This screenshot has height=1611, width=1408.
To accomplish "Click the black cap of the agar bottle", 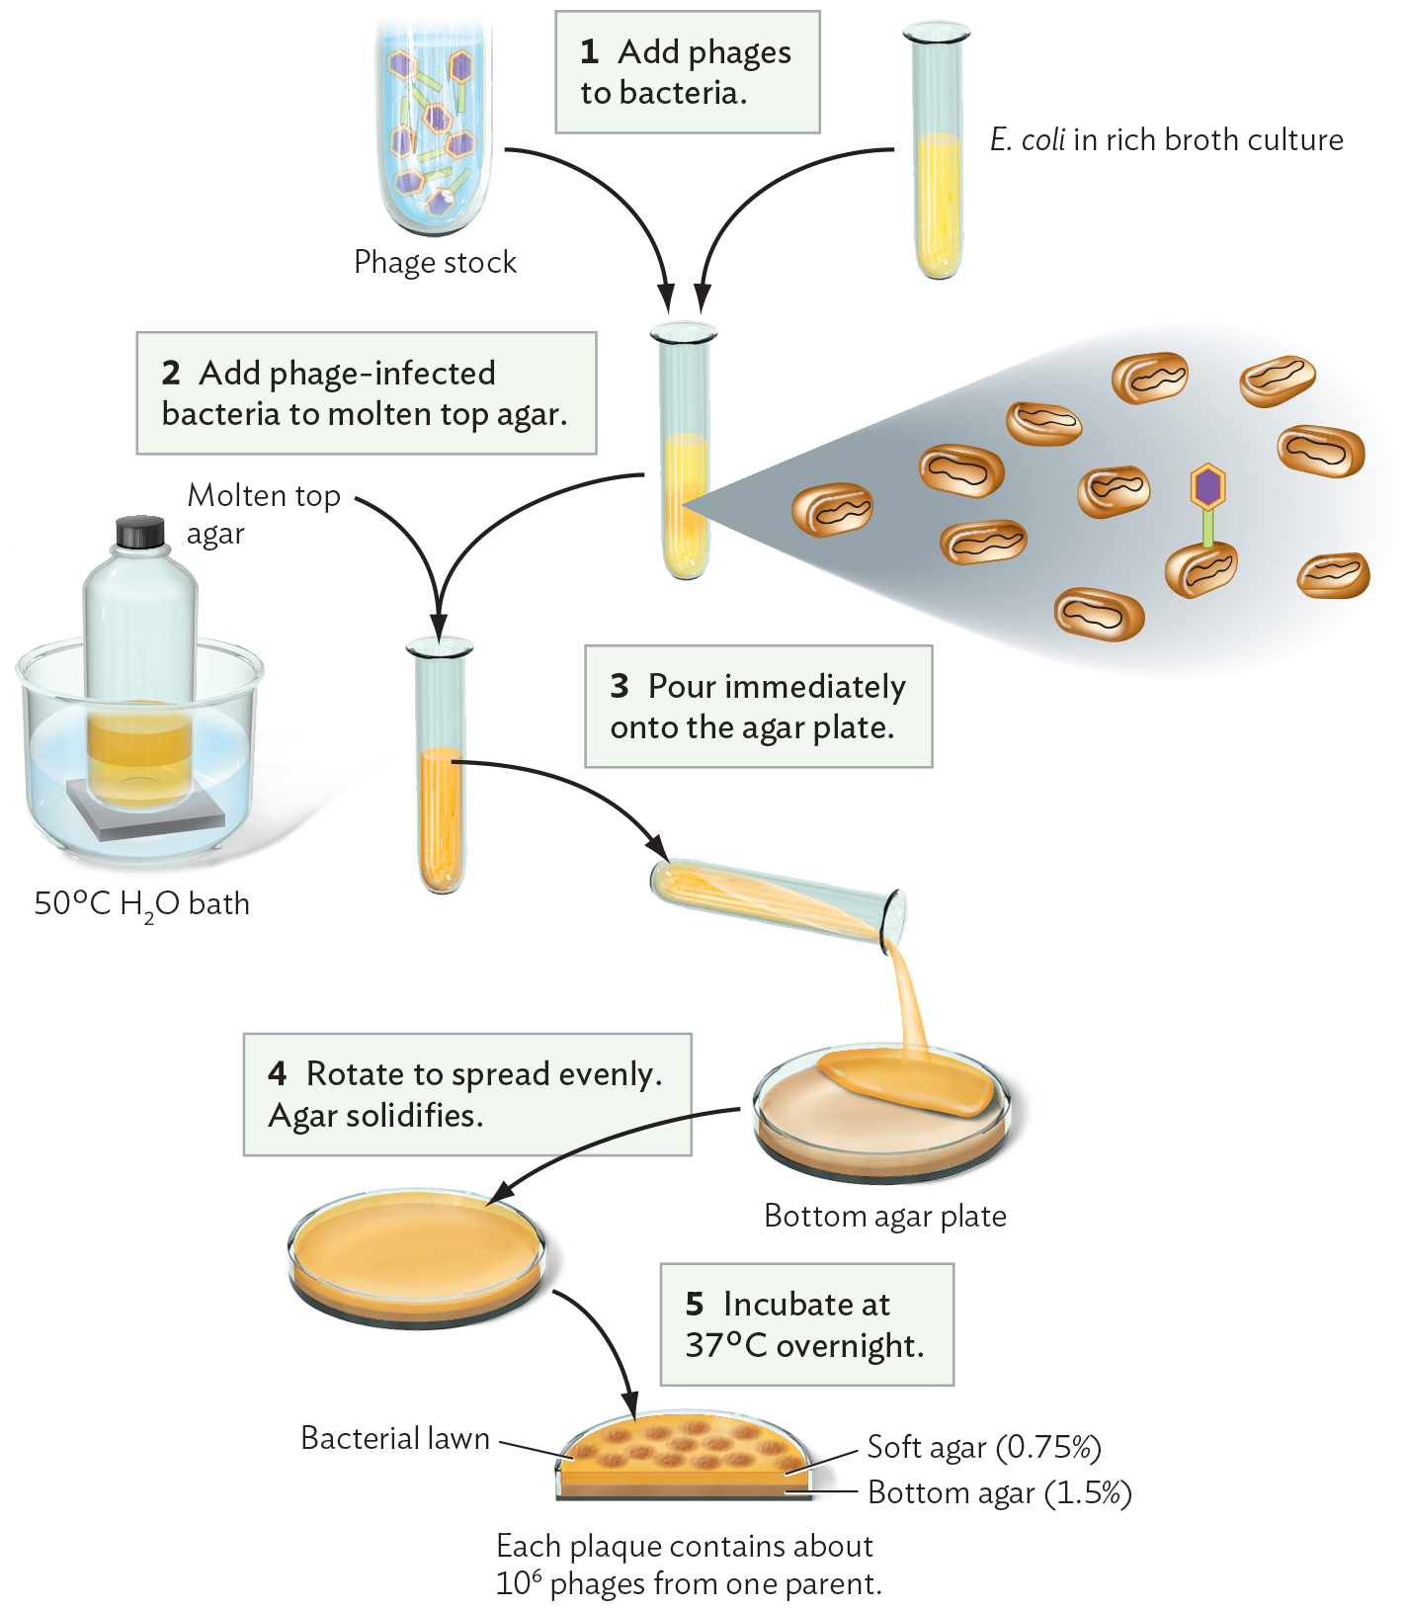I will coord(140,532).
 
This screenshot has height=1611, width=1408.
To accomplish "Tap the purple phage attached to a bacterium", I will coord(1207,487).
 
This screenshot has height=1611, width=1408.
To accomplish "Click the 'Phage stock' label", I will coord(435,262).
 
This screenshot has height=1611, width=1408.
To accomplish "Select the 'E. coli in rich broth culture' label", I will coord(1166,139).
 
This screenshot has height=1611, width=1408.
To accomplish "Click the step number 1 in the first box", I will coord(590,51).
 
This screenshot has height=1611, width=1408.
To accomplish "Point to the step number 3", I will coord(620,686).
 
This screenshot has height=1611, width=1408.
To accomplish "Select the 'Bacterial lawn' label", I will coord(394,1438).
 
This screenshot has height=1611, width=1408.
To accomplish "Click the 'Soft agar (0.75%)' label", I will coord(983,1447).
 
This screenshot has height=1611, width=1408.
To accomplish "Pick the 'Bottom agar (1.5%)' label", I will coord(999,1492).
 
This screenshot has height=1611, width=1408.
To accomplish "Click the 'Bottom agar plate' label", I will coord(884,1216).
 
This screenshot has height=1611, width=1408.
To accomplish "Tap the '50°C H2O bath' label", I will coord(141,904).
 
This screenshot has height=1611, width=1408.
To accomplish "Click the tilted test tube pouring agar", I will coord(776,899).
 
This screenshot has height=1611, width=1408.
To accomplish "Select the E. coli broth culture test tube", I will coord(938,158).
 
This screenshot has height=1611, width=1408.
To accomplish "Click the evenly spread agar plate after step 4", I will coord(416,1255).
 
